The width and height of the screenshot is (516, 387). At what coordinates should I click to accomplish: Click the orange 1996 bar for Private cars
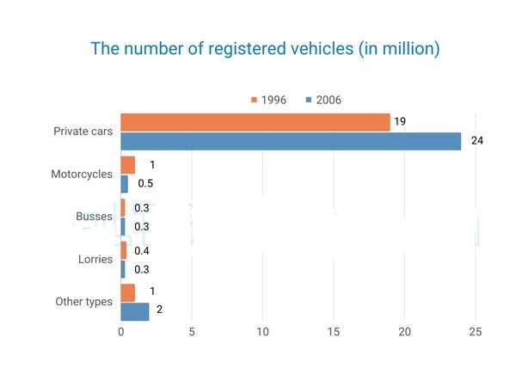click(255, 122)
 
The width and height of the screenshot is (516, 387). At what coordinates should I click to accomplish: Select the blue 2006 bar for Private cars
click(291, 142)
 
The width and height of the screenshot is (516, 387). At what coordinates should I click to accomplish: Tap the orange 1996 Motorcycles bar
click(127, 165)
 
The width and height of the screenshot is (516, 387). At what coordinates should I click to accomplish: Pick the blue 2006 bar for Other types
click(135, 311)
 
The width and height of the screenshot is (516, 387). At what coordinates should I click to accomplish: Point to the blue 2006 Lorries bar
click(123, 269)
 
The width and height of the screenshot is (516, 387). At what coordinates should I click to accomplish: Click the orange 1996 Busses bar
click(123, 207)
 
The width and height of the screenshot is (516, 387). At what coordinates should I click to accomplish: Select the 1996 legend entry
click(268, 100)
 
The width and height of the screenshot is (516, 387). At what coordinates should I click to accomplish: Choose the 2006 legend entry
click(323, 100)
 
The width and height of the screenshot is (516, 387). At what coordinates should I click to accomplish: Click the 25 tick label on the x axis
click(476, 332)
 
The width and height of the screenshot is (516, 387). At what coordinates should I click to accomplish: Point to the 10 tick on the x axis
click(262, 332)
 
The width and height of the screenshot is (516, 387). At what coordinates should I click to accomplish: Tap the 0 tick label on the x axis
click(121, 332)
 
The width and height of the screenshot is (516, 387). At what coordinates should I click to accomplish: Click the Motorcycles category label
click(82, 174)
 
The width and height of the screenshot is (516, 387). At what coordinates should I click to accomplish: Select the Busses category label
click(94, 216)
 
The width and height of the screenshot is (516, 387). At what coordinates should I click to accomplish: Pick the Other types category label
click(84, 302)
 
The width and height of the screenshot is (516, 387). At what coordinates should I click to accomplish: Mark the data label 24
click(477, 141)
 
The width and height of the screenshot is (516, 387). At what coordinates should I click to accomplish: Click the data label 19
click(400, 121)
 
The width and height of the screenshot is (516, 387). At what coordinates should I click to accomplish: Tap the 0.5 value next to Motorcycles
click(145, 183)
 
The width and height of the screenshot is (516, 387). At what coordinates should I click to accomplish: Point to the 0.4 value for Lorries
click(142, 251)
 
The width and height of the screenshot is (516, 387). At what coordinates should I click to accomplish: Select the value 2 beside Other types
click(160, 310)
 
